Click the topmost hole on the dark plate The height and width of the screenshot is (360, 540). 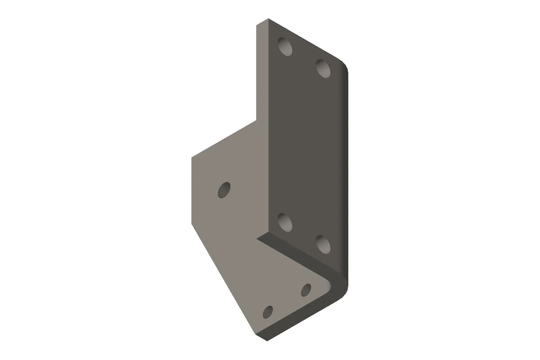coord(285,46)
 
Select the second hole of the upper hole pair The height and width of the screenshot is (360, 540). coord(323,68)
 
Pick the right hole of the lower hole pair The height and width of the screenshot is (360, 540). coord(323,243)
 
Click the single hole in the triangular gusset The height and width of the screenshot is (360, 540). coord(224,190)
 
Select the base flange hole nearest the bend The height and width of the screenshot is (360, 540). coord(306,290)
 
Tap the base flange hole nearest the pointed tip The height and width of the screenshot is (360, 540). coord(268,312)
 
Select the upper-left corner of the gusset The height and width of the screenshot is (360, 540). coord(192,156)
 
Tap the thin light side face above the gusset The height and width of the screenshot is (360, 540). coord(262,71)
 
